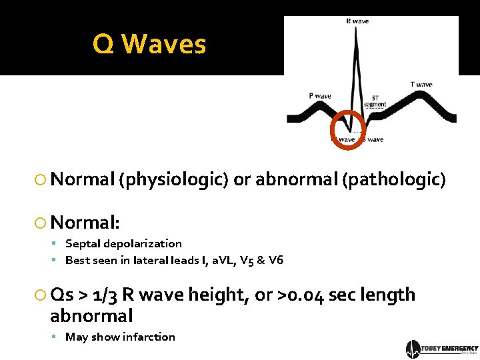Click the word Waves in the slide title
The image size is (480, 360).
(x=165, y=45)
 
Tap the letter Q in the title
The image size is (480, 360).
(x=104, y=45)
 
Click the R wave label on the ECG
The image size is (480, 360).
(x=357, y=21)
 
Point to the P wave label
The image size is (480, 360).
(x=320, y=96)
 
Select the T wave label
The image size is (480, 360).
(x=421, y=85)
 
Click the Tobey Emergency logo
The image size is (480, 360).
(x=441, y=349)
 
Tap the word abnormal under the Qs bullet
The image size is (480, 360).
(x=91, y=315)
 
